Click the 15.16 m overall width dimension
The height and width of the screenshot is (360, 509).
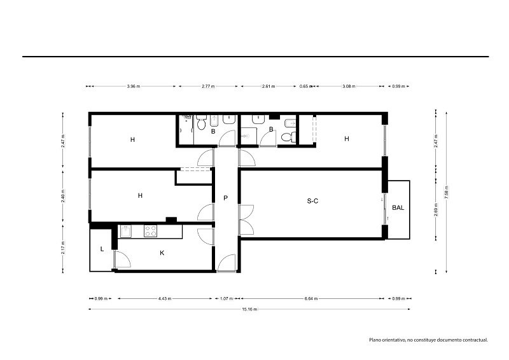[249, 309]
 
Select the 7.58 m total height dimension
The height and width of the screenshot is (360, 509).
[447, 192]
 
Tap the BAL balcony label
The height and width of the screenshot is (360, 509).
[398, 208]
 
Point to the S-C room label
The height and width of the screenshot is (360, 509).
[312, 201]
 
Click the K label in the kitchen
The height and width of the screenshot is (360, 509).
[162, 253]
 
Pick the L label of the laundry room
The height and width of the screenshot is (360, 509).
[102, 249]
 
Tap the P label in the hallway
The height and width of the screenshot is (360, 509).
[226, 198]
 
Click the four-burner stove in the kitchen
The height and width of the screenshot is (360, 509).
[150, 231]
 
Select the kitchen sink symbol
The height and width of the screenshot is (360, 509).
[126, 231]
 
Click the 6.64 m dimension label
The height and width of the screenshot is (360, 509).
[311, 299]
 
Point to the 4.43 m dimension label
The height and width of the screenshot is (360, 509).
[165, 299]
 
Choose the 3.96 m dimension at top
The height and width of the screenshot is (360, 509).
[134, 87]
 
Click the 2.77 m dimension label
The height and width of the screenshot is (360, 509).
[208, 87]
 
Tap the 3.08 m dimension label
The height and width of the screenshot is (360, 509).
[349, 87]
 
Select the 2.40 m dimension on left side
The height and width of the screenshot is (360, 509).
[63, 196]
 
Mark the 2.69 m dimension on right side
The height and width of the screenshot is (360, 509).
[436, 210]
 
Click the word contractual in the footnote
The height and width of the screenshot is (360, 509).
[475, 340]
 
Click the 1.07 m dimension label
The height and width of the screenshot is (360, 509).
[227, 299]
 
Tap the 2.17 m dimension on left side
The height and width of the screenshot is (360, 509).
[63, 247]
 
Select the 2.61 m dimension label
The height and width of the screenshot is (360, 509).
[268, 87]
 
